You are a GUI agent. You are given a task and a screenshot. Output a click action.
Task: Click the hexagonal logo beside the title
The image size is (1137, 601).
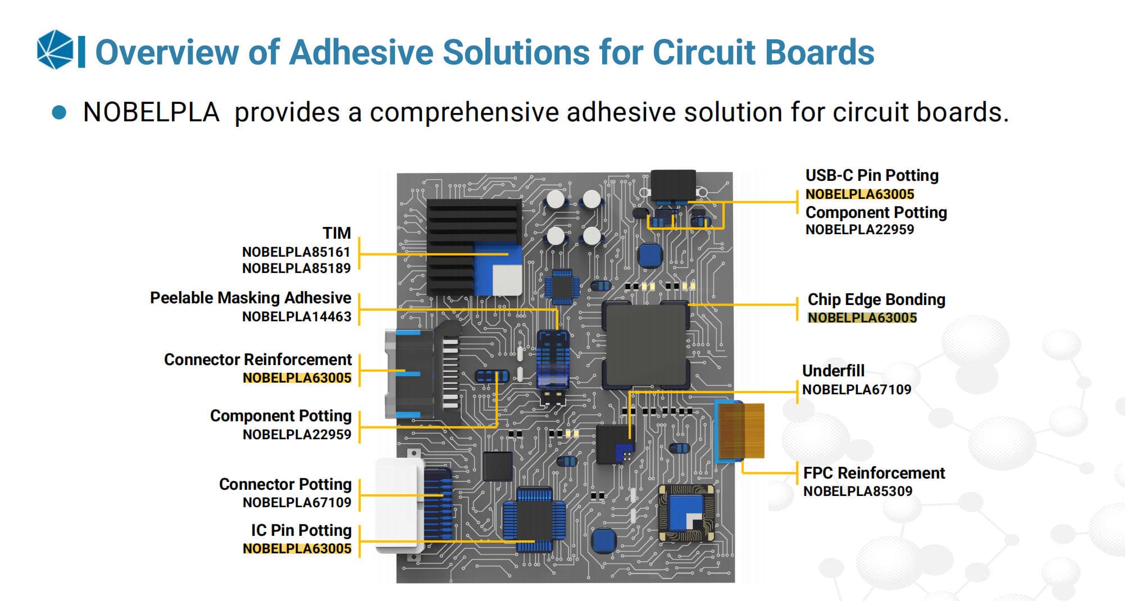(54, 50)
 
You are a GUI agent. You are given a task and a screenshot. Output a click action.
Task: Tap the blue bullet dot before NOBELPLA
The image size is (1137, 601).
(59, 112)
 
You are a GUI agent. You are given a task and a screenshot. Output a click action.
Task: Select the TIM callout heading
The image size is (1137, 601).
(336, 233)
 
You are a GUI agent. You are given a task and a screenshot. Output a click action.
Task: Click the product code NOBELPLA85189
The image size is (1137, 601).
(296, 268)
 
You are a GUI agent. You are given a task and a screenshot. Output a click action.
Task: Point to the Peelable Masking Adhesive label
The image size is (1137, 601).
(251, 298)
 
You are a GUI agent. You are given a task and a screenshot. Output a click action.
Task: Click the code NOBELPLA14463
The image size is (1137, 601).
(297, 317)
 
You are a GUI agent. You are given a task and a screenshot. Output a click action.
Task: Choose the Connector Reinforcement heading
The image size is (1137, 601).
(258, 359)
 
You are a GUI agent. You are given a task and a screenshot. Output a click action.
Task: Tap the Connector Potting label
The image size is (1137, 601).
(285, 484)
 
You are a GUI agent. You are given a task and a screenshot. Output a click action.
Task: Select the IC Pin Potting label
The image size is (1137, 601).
(301, 530)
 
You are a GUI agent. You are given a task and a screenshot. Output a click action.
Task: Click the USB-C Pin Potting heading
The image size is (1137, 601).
(872, 175)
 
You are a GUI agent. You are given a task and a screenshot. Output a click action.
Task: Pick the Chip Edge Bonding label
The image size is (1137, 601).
(876, 299)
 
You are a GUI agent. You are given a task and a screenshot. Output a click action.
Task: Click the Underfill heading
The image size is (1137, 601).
(833, 371)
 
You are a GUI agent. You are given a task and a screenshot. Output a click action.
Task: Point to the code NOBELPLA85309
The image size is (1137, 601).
(858, 491)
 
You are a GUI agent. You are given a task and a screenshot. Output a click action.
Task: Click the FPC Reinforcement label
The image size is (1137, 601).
(874, 473)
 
